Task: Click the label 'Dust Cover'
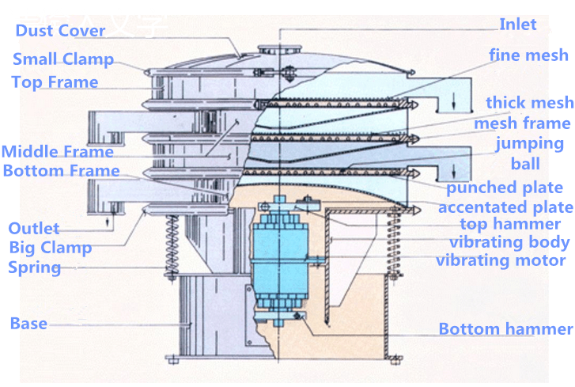[60, 31]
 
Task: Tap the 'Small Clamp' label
[63, 59]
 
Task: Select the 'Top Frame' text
[55, 82]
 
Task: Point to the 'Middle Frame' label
[57, 152]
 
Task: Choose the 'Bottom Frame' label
[61, 171]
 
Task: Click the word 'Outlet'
[33, 229]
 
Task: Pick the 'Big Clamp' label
[50, 248]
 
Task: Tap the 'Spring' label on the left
[34, 267]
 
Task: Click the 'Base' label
[28, 323]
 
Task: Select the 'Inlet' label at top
[518, 25]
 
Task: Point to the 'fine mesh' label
[528, 55]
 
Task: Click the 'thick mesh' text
[529, 103]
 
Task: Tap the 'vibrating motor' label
[501, 260]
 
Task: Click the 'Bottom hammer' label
[505, 329]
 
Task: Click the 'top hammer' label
[510, 225]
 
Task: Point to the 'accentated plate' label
[505, 207]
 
